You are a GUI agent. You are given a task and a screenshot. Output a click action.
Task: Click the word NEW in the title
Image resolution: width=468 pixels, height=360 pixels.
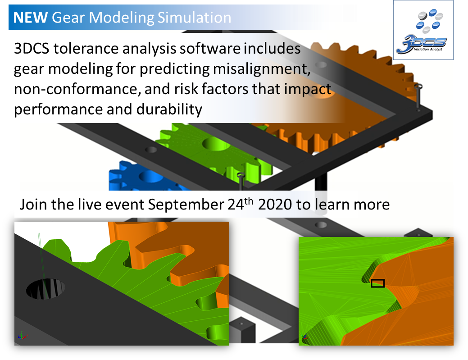[31, 18]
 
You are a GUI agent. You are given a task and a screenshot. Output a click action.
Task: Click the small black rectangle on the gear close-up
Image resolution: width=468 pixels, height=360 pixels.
[377, 283]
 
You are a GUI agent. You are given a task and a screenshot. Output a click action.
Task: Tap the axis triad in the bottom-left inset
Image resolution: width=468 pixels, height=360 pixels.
[21, 335]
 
